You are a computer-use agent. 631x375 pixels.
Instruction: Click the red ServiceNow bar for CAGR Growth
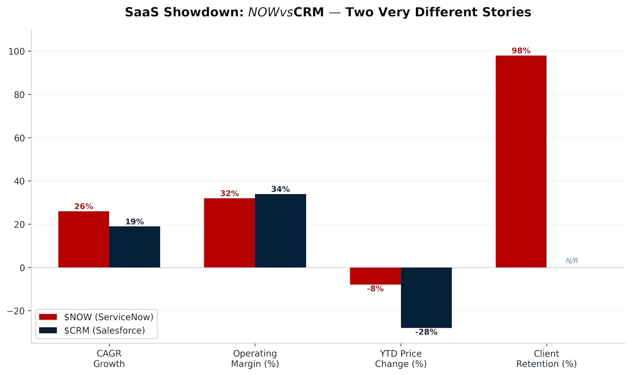[x=83, y=239]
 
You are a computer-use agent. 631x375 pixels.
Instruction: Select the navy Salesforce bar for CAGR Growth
[x=134, y=247]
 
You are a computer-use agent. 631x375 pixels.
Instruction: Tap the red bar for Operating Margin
[x=229, y=233]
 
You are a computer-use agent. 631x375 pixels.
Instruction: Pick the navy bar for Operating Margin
[x=280, y=231]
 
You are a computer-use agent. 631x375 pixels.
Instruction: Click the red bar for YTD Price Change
[x=375, y=276]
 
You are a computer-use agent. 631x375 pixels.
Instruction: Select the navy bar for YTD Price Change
[x=426, y=297]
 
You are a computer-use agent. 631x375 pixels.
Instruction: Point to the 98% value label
[x=521, y=51]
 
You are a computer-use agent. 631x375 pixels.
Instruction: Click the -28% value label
[x=426, y=332]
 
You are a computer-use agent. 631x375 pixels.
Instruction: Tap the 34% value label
[x=280, y=189]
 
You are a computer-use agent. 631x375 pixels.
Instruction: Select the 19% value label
[x=134, y=222]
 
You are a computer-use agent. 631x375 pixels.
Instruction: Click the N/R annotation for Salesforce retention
[x=572, y=261]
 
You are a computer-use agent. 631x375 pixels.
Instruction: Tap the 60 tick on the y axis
[x=20, y=138]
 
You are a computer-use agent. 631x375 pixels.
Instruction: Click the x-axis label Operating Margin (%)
[x=255, y=359]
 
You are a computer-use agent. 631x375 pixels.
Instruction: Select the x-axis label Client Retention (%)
[x=546, y=359]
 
